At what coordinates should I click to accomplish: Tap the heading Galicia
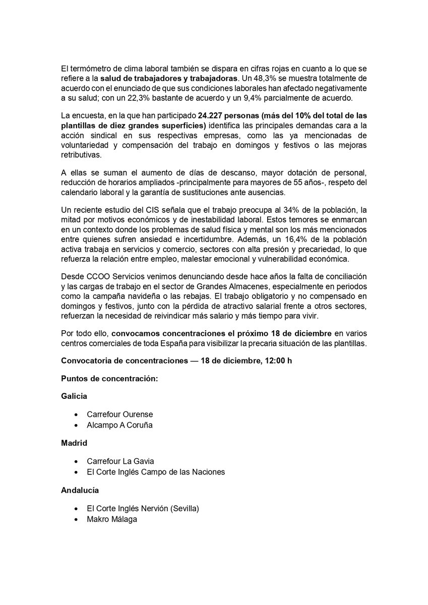click(x=74, y=396)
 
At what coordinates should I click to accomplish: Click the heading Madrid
click(x=74, y=443)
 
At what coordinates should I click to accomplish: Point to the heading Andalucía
click(x=80, y=490)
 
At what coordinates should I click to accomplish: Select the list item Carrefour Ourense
click(x=119, y=414)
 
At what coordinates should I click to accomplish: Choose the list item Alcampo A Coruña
click(x=119, y=425)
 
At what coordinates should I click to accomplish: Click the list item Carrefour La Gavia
click(x=120, y=461)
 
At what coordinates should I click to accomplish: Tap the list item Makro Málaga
click(x=112, y=519)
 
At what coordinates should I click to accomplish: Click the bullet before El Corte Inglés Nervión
click(x=76, y=508)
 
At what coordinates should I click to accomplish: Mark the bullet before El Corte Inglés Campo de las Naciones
click(x=76, y=472)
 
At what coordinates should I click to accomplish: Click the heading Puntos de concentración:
click(x=109, y=378)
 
